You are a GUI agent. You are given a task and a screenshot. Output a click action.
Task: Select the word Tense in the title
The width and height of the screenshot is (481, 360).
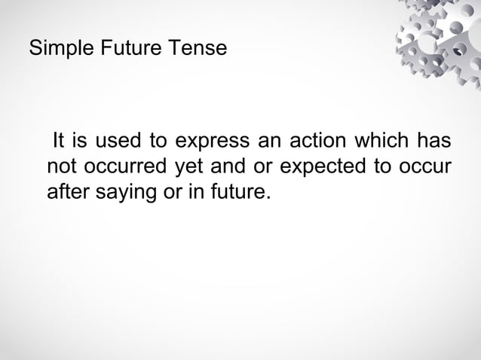point(198,50)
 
